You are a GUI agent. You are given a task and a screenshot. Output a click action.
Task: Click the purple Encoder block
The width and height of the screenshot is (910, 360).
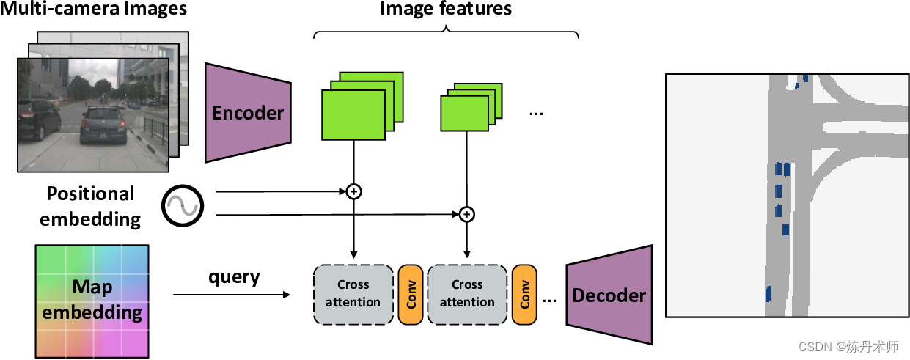[248, 112]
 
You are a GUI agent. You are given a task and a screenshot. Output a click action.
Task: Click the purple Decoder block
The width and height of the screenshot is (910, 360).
[609, 295]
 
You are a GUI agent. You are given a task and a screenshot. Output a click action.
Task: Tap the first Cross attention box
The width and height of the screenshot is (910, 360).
[353, 293]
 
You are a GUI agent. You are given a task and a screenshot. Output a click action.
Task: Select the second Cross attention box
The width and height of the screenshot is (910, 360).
[467, 293]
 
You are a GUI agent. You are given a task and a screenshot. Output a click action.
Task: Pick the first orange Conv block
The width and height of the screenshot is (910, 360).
[410, 293]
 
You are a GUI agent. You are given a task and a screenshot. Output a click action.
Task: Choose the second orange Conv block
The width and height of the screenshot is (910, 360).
[524, 293]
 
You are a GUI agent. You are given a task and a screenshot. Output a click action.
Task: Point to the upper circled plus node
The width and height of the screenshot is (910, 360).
[354, 191]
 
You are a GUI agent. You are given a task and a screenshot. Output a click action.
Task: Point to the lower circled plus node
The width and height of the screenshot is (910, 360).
[467, 214]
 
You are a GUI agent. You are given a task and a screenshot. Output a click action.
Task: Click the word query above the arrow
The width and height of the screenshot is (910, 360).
[234, 277]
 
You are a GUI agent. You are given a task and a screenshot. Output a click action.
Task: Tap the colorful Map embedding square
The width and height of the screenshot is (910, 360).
[92, 301]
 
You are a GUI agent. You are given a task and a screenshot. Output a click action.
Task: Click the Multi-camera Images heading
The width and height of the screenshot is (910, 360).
[95, 10]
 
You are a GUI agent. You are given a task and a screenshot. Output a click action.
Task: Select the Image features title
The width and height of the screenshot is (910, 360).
[445, 9]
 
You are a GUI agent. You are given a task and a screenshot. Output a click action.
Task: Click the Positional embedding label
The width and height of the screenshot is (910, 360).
[90, 205]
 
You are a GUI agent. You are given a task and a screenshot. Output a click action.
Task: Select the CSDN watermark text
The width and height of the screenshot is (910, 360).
[848, 346]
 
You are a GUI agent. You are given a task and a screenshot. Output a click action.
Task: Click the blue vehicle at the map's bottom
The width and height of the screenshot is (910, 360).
[768, 294]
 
